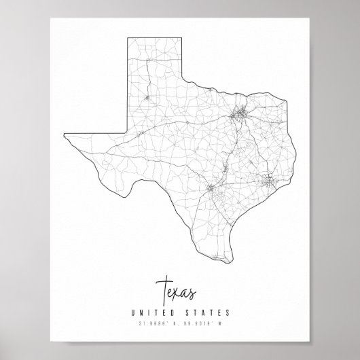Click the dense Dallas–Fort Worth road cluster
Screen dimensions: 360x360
(x=238, y=117)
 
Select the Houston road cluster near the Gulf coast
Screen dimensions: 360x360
(x=269, y=180)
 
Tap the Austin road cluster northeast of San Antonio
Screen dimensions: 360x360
(x=226, y=167)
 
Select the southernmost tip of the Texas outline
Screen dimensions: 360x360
(x=235, y=257)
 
